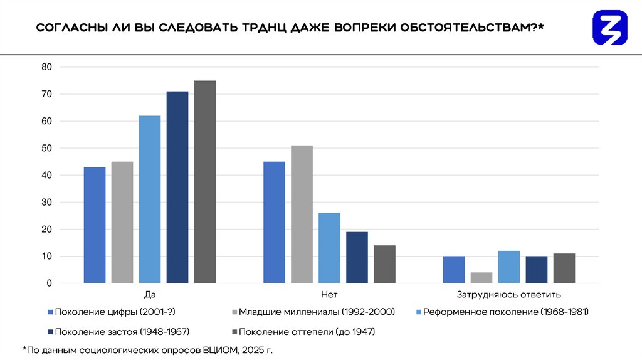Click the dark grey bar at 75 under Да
point(205,182)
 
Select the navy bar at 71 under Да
point(177,188)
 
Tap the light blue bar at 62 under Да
point(150,199)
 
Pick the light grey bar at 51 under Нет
point(302,214)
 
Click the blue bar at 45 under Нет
point(274,223)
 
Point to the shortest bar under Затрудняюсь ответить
point(481,278)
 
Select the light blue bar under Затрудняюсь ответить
point(509,267)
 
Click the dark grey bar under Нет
point(384,264)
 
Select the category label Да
point(150,294)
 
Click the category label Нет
point(329,294)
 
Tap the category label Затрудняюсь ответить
point(508,294)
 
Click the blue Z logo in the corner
point(609,27)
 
